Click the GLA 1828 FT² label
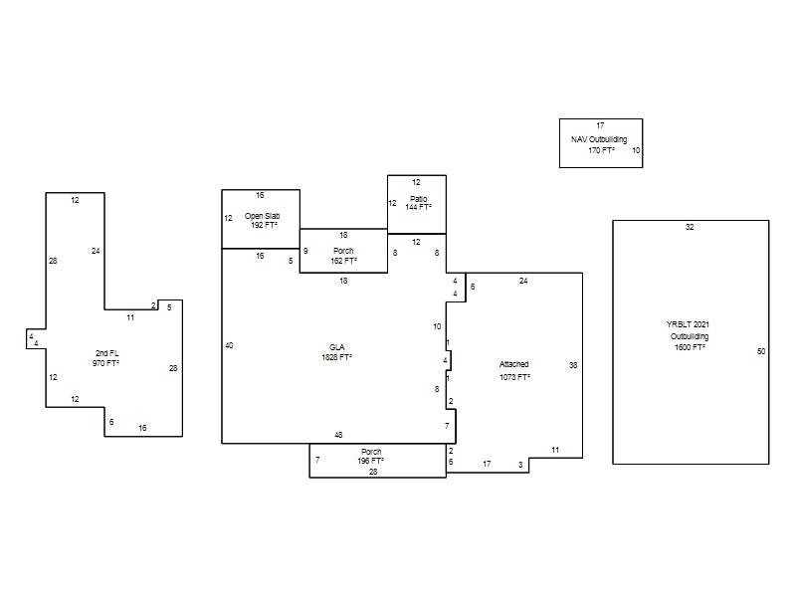coord(337,352)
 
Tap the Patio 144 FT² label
coord(418,203)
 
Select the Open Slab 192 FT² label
coord(263,220)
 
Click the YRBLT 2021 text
coord(688,324)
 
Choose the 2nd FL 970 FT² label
coord(106,358)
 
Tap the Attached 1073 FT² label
coord(514,370)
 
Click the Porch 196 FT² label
coord(370,457)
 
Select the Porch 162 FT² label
coord(343,256)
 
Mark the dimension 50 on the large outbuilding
coord(761,351)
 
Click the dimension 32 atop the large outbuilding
coord(690,227)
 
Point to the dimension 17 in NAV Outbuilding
coord(600,125)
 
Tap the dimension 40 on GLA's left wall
coord(229,345)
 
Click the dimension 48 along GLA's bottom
coord(338,435)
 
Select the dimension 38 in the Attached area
coord(573,365)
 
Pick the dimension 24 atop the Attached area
coord(523,281)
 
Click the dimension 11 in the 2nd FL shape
coord(130,317)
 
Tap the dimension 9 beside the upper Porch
coord(305,251)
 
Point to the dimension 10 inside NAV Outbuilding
coord(636,150)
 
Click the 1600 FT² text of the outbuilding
coord(690,347)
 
